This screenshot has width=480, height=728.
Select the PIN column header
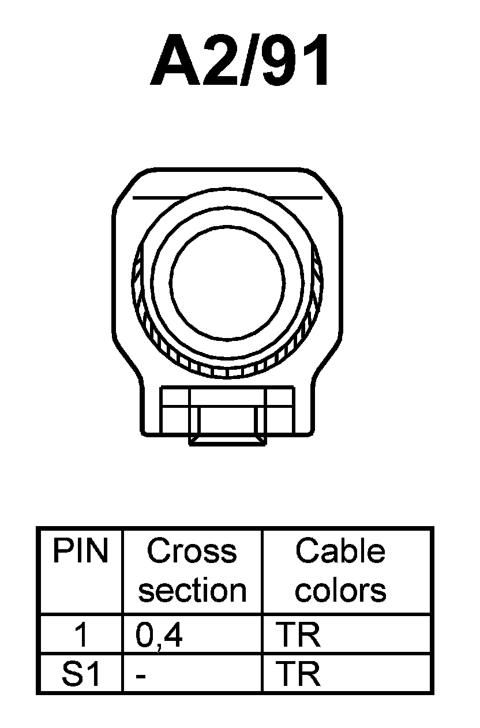(80, 551)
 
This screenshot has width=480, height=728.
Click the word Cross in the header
(192, 551)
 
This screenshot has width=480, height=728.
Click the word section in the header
(192, 590)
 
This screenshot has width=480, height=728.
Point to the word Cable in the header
(340, 551)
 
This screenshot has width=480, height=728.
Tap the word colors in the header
(340, 590)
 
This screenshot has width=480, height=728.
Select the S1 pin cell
(81, 674)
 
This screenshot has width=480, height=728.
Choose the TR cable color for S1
(298, 674)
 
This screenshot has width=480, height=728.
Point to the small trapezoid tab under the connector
(228, 441)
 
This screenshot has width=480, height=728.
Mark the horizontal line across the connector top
(227, 197)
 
